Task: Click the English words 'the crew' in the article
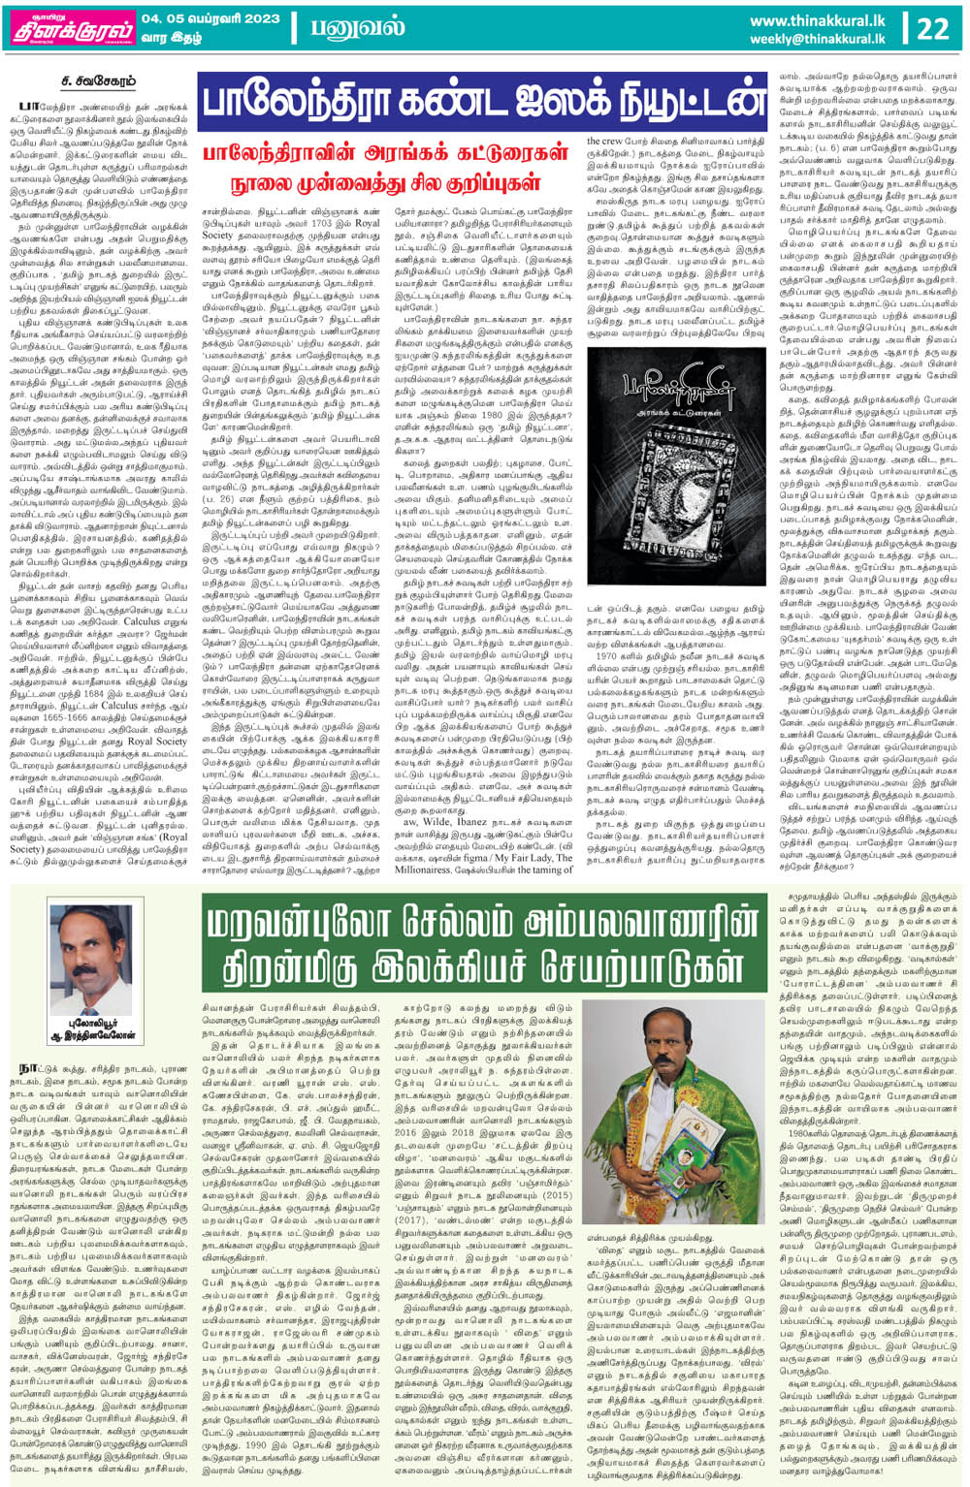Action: (x=604, y=141)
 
